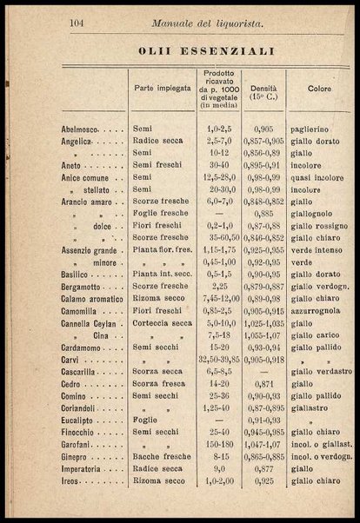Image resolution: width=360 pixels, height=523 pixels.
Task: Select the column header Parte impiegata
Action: [160, 89]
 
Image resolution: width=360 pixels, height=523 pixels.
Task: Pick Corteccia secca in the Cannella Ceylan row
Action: [161, 321]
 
